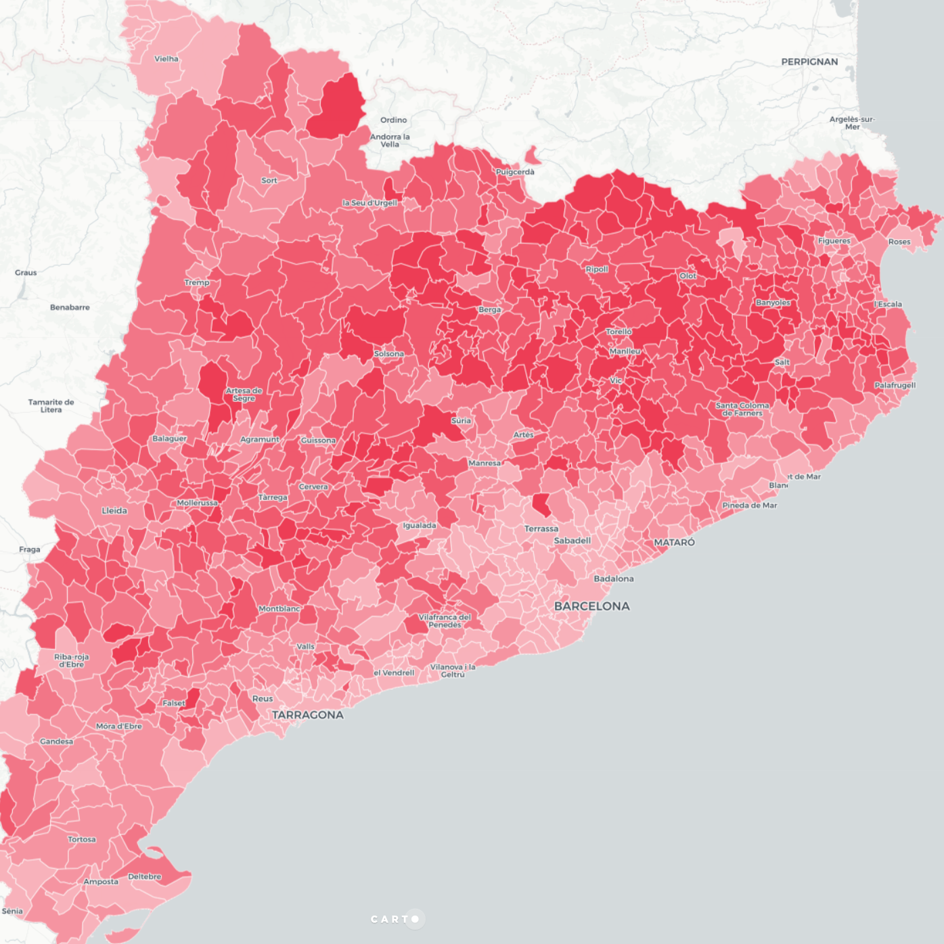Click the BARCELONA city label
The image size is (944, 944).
point(591,606)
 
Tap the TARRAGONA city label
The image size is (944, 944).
point(308,715)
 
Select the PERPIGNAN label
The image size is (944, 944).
point(809,62)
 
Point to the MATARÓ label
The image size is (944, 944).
point(674,542)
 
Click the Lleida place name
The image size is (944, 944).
point(114,510)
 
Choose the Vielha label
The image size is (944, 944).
point(166,59)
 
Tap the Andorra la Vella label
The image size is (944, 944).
point(390,140)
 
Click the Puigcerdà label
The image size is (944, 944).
point(515,172)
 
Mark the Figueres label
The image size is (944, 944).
point(834,241)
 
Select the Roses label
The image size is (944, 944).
point(899,242)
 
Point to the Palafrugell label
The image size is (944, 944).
point(895,385)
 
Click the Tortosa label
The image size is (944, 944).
point(82,839)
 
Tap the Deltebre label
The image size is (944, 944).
point(145,876)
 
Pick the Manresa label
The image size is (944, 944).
point(485,463)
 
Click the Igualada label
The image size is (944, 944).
point(420,525)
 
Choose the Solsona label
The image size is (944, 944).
point(389,354)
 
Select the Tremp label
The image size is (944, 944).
point(197,282)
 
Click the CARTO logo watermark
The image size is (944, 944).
point(397,919)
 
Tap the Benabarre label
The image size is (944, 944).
point(70,307)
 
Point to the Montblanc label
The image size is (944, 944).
point(279,609)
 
